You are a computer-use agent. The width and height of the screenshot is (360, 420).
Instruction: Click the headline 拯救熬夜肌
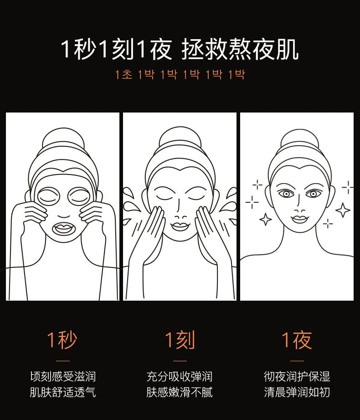click(240, 50)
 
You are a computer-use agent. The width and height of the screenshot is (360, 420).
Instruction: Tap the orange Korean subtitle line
click(180, 74)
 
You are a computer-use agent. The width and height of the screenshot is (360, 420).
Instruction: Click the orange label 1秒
click(62, 340)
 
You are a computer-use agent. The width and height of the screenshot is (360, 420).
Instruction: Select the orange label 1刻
click(180, 340)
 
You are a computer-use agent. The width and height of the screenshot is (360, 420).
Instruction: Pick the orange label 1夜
click(297, 340)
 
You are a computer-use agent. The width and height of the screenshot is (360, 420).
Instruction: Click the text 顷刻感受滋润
click(63, 376)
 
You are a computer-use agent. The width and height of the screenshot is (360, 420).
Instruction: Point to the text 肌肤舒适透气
click(63, 392)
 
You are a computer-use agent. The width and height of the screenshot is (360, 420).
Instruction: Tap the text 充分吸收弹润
click(180, 376)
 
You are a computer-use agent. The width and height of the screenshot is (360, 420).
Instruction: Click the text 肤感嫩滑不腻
click(180, 392)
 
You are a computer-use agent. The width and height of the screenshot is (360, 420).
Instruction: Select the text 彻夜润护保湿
click(297, 376)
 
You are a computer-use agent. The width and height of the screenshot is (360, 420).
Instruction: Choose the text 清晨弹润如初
click(297, 392)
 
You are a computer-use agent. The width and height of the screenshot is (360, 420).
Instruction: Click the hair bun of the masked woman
click(63, 139)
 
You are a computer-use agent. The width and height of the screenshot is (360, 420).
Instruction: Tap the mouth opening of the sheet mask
click(63, 229)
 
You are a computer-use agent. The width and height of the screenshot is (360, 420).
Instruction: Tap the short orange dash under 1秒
click(63, 361)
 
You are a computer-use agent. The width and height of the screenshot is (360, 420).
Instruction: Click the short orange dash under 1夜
click(297, 361)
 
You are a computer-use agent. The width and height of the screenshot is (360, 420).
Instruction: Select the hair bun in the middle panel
click(180, 139)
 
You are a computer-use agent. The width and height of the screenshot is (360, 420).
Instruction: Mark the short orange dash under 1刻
click(180, 361)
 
